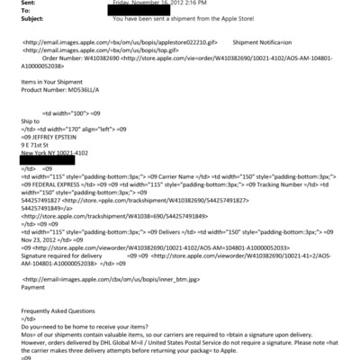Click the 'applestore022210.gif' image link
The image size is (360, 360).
pos(157,41)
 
